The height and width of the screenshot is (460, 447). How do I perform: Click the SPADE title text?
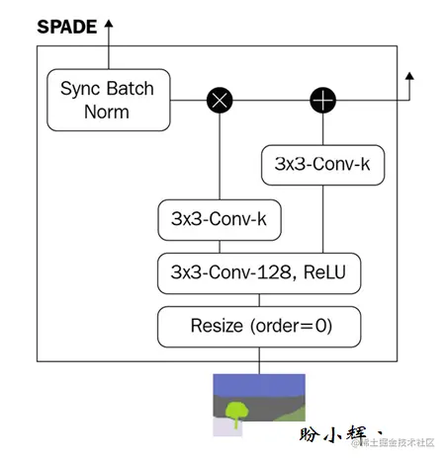point(66,27)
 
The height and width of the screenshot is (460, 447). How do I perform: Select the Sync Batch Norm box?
point(107,100)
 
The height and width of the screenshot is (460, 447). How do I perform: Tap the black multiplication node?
point(218,100)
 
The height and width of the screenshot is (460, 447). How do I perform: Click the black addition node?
point(322,100)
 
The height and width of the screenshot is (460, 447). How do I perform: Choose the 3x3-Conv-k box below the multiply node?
point(220,220)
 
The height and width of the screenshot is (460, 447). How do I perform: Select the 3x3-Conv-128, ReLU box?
point(259,272)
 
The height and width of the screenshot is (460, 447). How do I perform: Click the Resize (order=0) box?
point(259,325)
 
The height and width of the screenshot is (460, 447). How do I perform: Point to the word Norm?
point(107,112)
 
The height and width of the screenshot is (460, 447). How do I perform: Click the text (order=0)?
point(288,325)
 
